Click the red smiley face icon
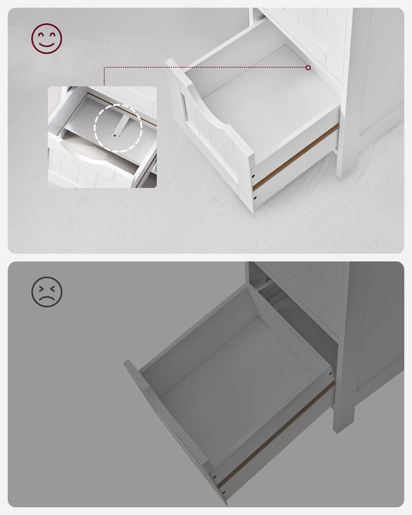[47, 38]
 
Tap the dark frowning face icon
[47, 291]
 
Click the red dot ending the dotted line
[309, 68]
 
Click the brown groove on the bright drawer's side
[295, 159]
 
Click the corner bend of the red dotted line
[104, 68]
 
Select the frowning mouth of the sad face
[47, 298]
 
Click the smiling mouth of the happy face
[47, 44]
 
